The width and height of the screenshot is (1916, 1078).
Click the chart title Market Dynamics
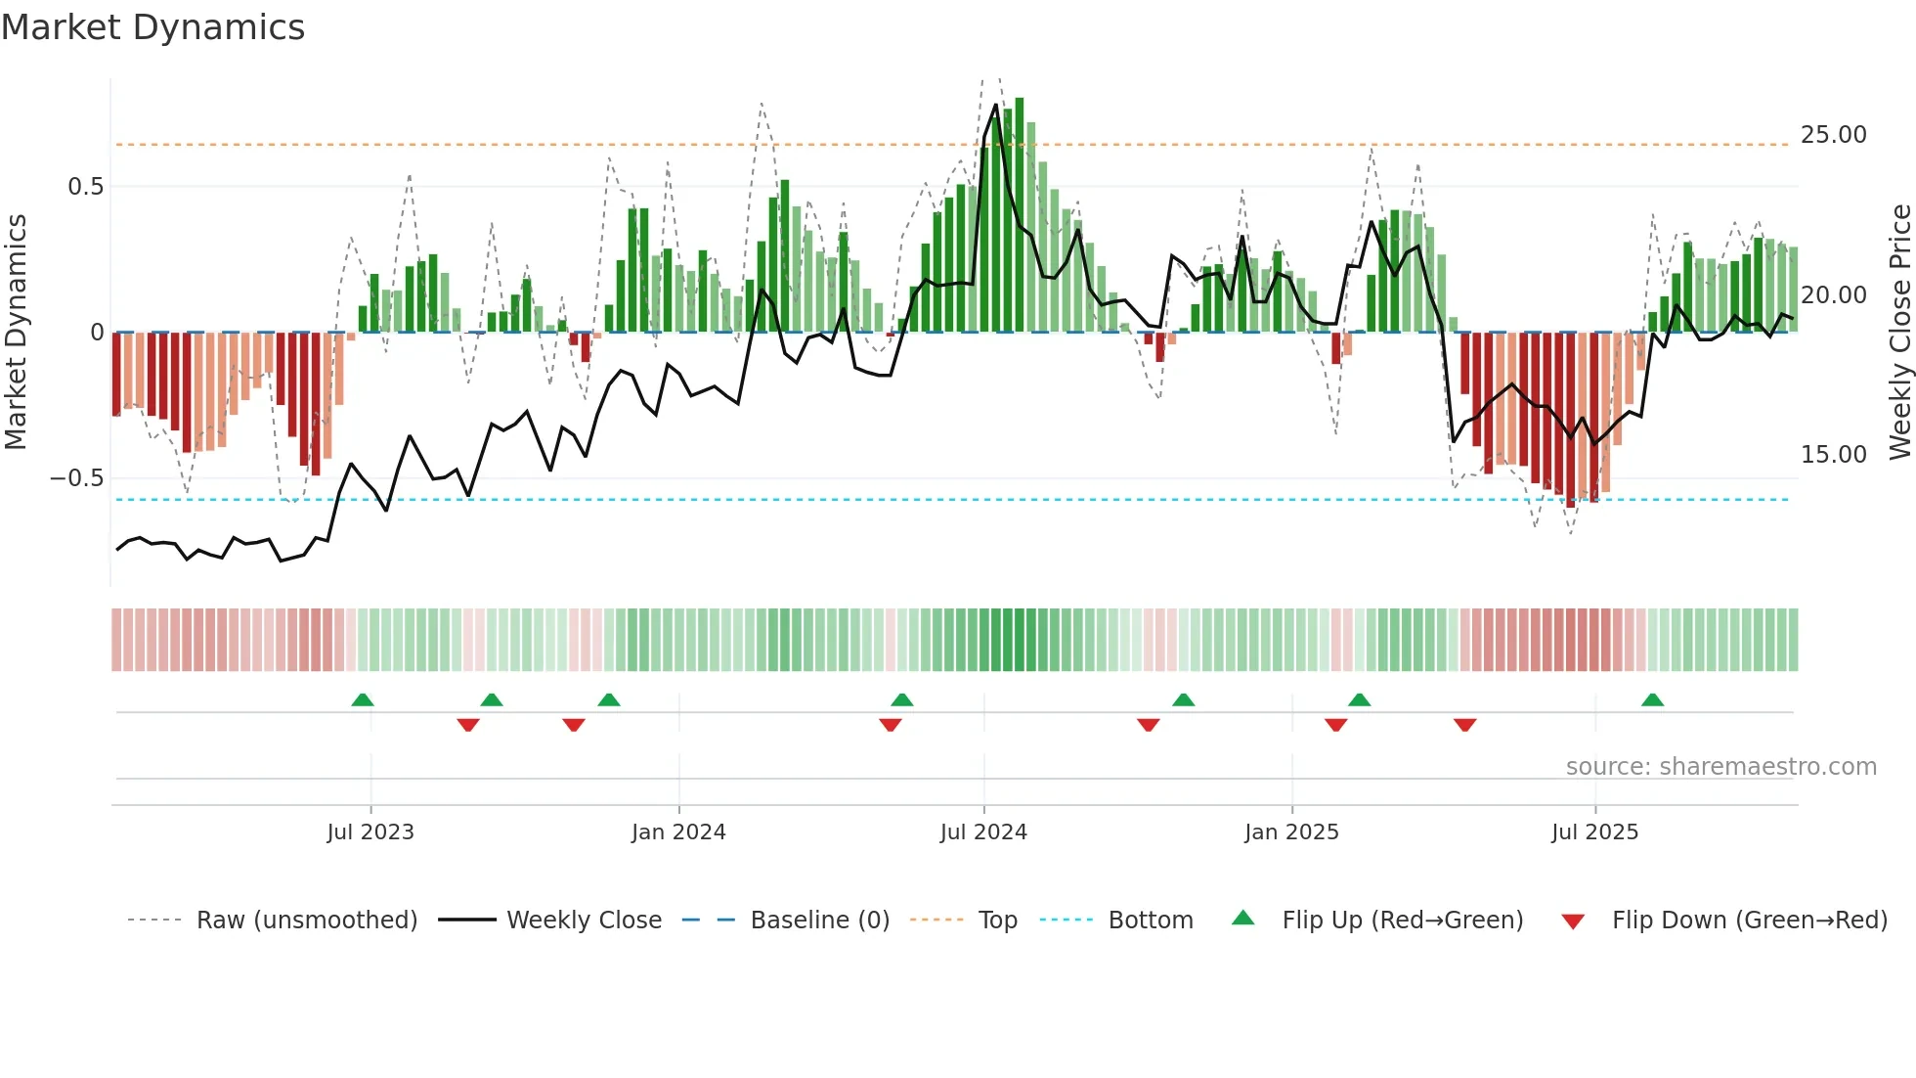[152, 27]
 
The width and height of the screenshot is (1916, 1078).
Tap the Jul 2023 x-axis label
[370, 832]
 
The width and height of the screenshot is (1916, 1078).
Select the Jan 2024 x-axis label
[678, 832]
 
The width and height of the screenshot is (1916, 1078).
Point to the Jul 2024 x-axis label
[983, 832]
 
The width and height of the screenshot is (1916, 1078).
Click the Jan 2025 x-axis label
[1291, 832]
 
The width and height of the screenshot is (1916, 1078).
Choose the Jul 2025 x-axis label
[1594, 832]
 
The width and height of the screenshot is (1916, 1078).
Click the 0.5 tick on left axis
[85, 187]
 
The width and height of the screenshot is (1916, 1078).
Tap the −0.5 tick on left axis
[76, 478]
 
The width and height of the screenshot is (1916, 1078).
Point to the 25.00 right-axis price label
[1833, 135]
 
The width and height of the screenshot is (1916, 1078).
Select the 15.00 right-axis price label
[1833, 455]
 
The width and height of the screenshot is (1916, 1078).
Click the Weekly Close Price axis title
[1899, 333]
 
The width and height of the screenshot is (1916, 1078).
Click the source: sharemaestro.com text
[1720, 767]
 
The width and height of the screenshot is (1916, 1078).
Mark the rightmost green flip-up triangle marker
[1652, 700]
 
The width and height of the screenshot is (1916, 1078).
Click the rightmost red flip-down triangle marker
[1464, 725]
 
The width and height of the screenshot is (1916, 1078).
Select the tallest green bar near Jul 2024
[1020, 215]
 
